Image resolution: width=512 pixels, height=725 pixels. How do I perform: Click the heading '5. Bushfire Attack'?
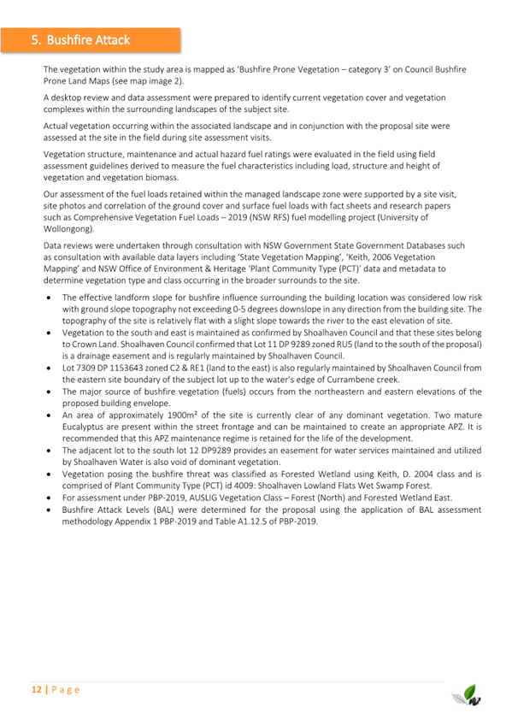[x=79, y=39]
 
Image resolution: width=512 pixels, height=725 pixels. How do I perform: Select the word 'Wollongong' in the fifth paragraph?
[x=69, y=229]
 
